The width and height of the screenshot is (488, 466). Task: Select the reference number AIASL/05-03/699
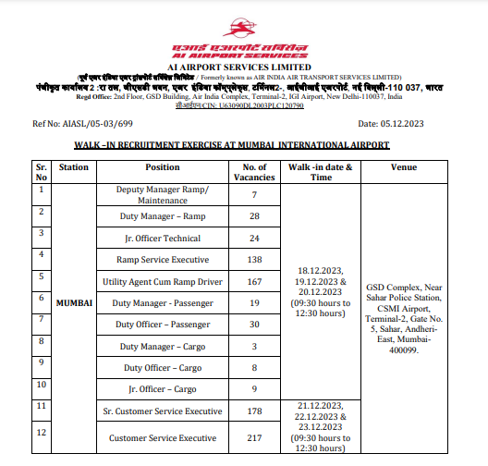83,123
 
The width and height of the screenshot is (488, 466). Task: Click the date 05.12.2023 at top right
403,123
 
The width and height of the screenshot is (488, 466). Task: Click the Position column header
163,167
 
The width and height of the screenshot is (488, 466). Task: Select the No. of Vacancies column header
254,172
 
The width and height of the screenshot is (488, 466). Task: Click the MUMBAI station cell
74,302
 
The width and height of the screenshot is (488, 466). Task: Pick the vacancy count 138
254,259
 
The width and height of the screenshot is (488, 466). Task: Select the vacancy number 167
254,281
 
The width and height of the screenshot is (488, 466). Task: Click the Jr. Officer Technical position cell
163,237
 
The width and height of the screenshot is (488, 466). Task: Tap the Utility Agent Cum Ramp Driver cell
163,281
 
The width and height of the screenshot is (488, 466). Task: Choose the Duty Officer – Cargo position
163,367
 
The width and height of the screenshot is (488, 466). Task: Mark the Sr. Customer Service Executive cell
163,410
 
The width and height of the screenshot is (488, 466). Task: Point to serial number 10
41,384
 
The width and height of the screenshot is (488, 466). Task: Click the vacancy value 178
254,410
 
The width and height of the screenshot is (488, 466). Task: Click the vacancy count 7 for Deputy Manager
254,195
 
